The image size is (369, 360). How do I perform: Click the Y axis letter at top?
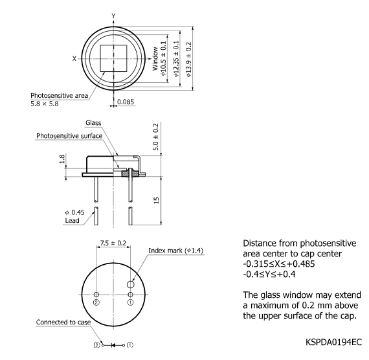113,16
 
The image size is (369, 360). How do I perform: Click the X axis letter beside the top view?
74,59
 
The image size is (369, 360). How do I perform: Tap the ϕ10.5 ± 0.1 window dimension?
163,59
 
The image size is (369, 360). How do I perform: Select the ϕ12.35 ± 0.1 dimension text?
176,59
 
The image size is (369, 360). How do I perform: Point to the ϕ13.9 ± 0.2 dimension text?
188,60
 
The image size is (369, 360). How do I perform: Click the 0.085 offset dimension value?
126,102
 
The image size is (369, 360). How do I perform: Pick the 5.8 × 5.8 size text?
45,104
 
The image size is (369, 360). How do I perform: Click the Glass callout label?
93,122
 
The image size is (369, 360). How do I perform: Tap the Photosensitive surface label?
69,136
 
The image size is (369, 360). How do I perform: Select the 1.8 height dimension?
62,159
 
